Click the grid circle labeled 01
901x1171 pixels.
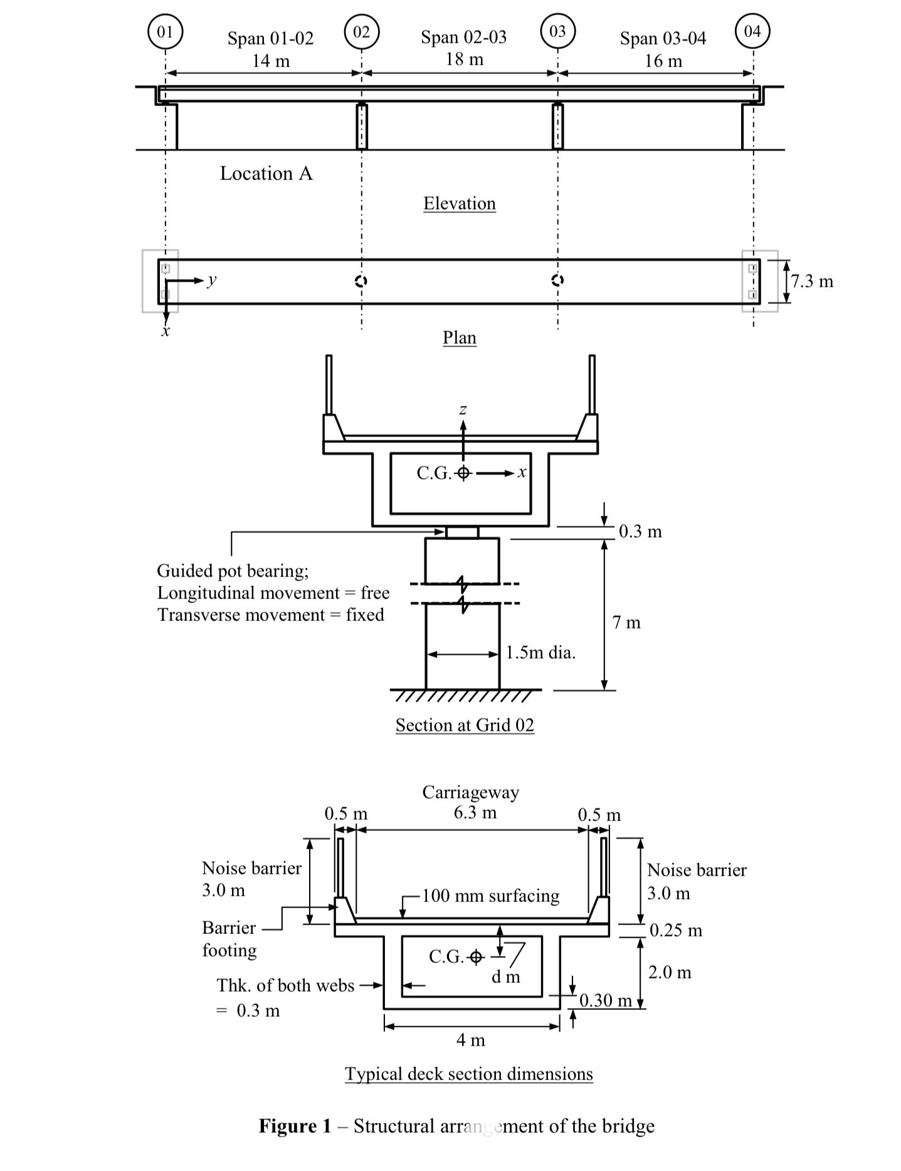tap(165, 31)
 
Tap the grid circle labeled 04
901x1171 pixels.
tap(752, 31)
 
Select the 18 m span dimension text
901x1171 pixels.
tap(464, 60)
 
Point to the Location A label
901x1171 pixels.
tap(266, 174)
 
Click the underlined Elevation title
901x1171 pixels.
tap(459, 203)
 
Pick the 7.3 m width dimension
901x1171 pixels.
tap(813, 281)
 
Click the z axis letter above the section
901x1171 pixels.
tap(463, 410)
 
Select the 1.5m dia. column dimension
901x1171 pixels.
tap(540, 653)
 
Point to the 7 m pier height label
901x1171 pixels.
tap(626, 623)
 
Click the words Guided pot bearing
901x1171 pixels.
tap(233, 571)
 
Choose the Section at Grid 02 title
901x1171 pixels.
tap(465, 725)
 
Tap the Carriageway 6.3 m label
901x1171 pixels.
tap(471, 802)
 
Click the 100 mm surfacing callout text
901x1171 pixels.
tap(490, 896)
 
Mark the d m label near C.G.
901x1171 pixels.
tap(505, 977)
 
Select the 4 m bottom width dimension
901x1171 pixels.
tap(470, 1040)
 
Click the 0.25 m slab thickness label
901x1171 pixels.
tap(676, 930)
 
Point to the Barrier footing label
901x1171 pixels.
tap(229, 939)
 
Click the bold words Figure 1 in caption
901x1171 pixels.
tap(295, 1126)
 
